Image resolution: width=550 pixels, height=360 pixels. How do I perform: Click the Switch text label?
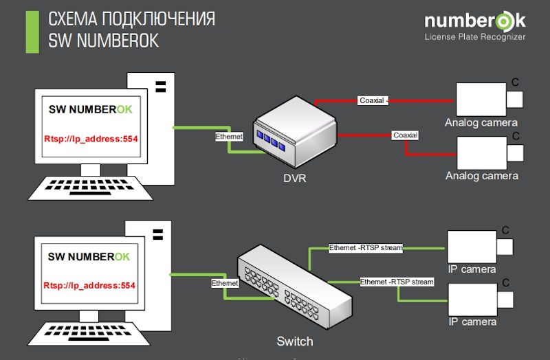click(x=294, y=341)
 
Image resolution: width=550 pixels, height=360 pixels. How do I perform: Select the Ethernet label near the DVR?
click(x=229, y=137)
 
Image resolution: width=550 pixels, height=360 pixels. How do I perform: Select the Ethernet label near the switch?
click(x=225, y=283)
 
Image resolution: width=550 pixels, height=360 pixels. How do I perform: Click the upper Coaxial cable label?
click(x=373, y=100)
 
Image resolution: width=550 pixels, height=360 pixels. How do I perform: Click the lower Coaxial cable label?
click(x=405, y=135)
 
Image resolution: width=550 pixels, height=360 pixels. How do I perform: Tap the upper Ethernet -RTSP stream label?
click(x=365, y=248)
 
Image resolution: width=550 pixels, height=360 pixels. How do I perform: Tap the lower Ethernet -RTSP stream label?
click(x=397, y=282)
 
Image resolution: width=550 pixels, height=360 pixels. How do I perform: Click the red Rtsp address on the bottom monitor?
click(x=89, y=285)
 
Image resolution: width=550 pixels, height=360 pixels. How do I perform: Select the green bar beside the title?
click(x=32, y=32)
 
